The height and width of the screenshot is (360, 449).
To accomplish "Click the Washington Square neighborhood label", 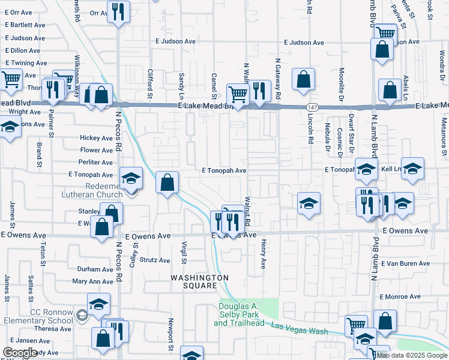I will tap(200, 281).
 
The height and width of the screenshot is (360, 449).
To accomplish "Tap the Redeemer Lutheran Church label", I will tap(92, 190).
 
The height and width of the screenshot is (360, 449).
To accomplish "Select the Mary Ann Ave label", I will tap(92, 281).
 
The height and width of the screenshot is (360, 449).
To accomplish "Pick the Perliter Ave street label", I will tap(96, 163).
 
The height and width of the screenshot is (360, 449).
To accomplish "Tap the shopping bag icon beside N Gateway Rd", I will tap(304, 79).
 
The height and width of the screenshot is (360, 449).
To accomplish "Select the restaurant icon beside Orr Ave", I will tap(118, 10).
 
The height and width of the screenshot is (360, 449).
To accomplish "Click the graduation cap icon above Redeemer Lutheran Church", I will tap(131, 178).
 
